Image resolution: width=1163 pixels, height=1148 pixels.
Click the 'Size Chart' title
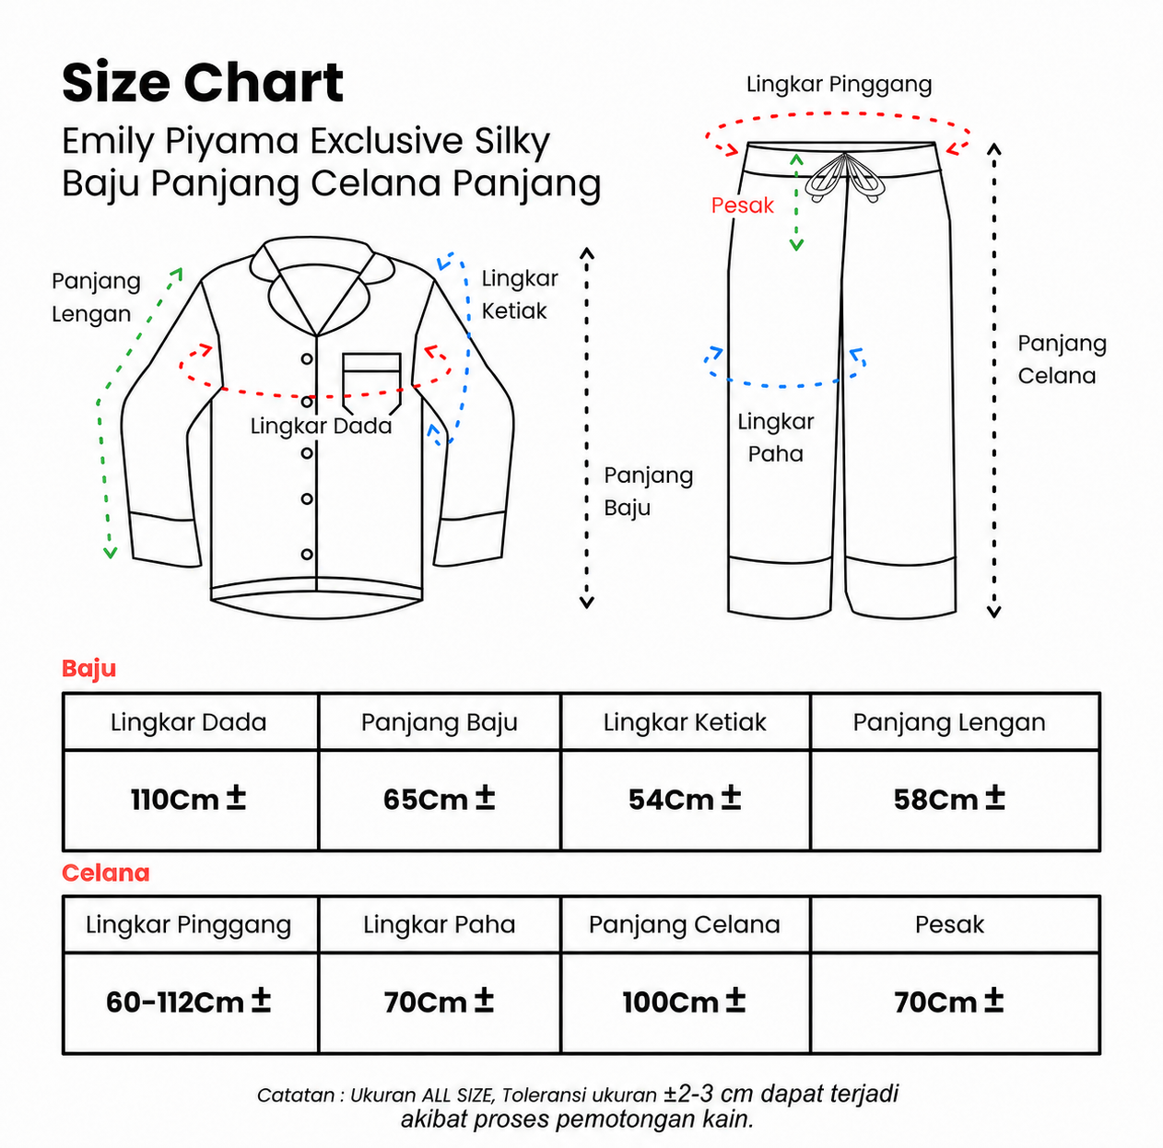[203, 83]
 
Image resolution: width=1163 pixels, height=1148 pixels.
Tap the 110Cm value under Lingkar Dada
[188, 799]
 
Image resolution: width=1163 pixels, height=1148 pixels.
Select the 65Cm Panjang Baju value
[439, 799]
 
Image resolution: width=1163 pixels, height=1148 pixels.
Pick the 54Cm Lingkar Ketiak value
[685, 799]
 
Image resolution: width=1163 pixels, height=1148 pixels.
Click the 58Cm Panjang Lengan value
[949, 799]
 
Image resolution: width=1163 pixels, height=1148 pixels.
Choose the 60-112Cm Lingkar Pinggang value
[188, 1002]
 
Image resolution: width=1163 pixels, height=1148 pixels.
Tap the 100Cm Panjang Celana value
[685, 1002]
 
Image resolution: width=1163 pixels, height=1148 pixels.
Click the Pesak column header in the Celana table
[949, 924]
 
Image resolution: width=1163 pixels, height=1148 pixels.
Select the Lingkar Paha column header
[439, 925]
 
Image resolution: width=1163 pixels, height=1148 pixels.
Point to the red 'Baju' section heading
[88, 669]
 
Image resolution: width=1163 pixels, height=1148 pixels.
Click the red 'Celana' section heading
[106, 873]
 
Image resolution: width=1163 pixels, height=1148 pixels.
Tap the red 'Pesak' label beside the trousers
[742, 205]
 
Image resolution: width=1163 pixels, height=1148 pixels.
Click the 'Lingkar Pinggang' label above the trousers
[839, 85]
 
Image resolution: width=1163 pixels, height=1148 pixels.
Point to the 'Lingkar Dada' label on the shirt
[321, 426]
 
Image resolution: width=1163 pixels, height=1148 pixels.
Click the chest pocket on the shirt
[371, 382]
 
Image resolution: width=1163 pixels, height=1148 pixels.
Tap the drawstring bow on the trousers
[845, 178]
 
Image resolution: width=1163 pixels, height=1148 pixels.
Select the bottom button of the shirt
[307, 554]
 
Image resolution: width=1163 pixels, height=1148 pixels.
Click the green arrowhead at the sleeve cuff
[110, 552]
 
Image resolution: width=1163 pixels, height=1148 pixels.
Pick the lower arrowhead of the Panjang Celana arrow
[993, 612]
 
